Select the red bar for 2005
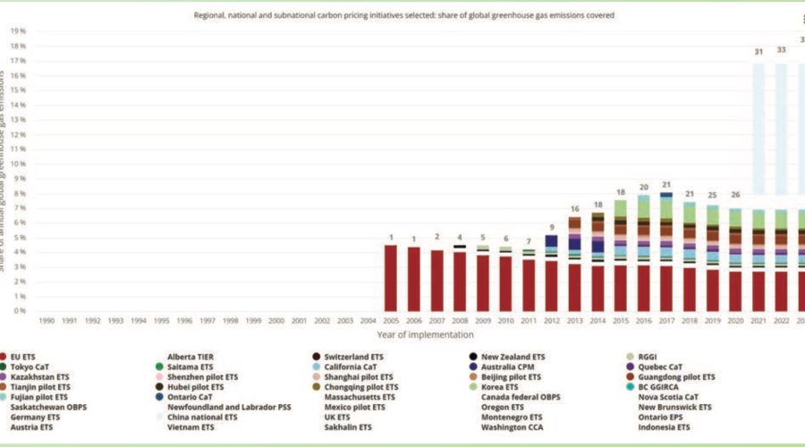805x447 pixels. click(x=390, y=278)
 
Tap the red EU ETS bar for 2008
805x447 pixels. click(x=459, y=282)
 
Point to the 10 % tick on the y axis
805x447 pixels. click(x=17, y=164)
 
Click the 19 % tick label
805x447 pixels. click(x=17, y=30)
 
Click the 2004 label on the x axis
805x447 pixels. click(x=368, y=319)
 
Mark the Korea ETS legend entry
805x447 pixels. click(x=504, y=387)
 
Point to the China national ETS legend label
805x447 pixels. click(x=202, y=417)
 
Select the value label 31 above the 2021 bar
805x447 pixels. click(x=758, y=52)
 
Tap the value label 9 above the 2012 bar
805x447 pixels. click(x=552, y=227)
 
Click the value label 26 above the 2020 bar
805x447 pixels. click(x=735, y=194)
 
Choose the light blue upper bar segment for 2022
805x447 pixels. click(x=781, y=125)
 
